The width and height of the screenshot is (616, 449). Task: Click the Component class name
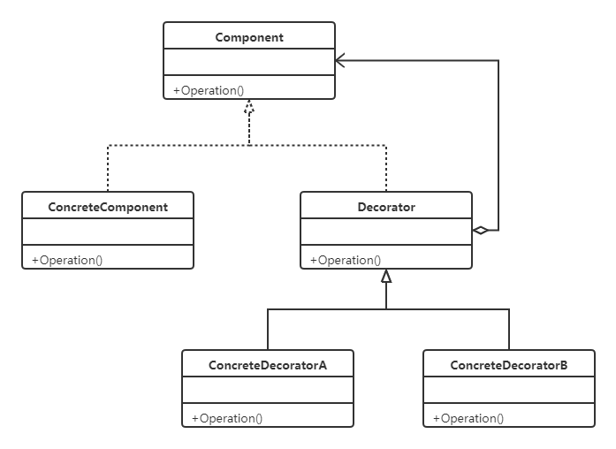tap(248, 37)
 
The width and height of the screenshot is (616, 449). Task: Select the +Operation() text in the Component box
tap(209, 90)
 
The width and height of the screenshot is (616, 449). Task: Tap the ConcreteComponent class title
tap(107, 207)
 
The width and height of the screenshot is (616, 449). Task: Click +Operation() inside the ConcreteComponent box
tap(67, 260)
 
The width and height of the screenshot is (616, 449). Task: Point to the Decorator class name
tap(386, 207)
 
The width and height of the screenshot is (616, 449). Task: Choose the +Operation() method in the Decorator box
tap(346, 260)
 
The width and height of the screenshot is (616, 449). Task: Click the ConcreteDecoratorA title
tap(268, 365)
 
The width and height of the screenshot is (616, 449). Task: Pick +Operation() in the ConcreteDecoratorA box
tap(227, 418)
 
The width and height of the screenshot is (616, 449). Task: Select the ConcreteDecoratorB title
tap(509, 365)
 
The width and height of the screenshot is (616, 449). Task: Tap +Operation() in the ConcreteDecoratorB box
tap(468, 418)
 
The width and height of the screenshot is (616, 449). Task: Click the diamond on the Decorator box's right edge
tap(480, 230)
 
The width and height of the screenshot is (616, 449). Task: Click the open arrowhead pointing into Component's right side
tap(340, 61)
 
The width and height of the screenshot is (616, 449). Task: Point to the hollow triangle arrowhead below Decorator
tap(386, 277)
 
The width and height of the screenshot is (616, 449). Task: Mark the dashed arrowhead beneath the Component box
tap(249, 108)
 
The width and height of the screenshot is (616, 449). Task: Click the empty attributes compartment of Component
tap(248, 62)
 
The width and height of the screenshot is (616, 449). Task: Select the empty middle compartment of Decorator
tap(386, 232)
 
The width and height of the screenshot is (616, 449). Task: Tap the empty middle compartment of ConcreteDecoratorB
tap(509, 390)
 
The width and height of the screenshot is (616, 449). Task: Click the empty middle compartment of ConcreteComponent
tap(107, 232)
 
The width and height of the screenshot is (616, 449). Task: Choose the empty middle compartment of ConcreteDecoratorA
tap(268, 390)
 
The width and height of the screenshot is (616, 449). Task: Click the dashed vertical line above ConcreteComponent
tap(107, 168)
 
